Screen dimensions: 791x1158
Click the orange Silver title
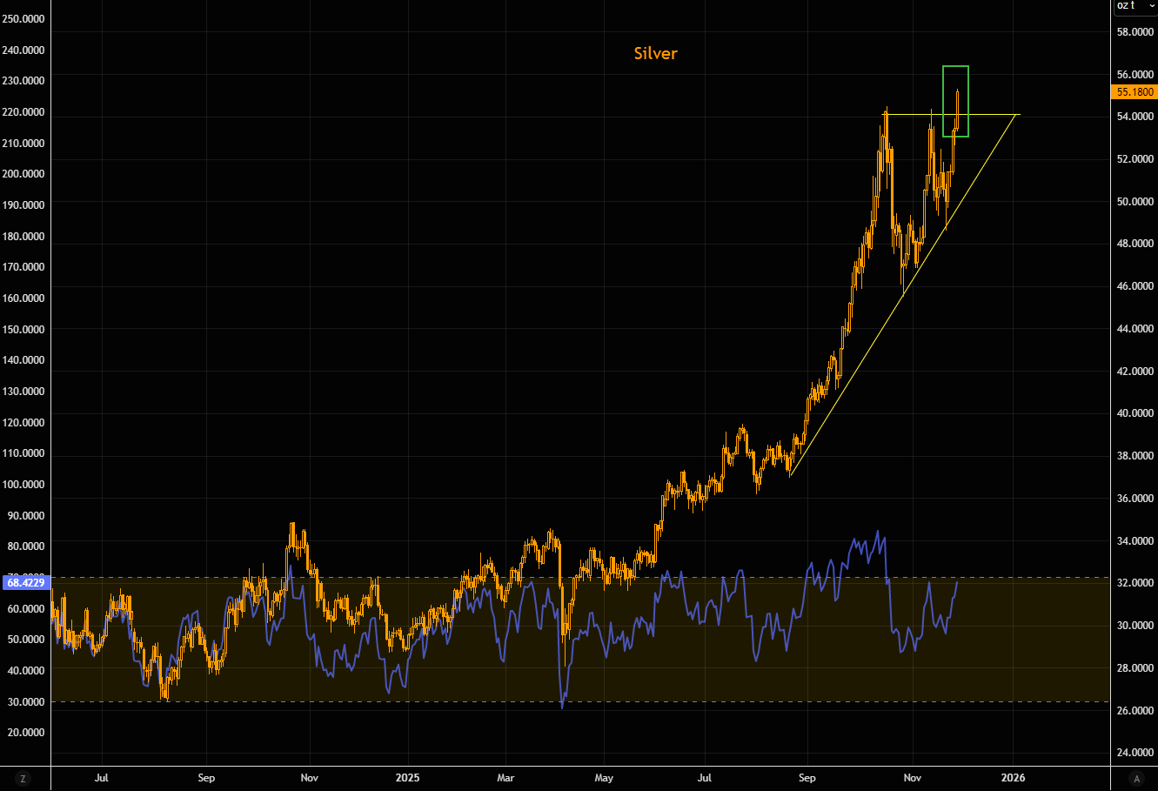click(655, 54)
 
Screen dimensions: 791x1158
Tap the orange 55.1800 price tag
click(1135, 92)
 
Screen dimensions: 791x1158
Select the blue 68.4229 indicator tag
click(26, 581)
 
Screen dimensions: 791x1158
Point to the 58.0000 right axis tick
click(1135, 32)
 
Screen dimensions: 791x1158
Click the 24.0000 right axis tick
click(1135, 753)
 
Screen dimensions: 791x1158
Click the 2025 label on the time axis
click(407, 778)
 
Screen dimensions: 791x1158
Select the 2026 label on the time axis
click(1013, 778)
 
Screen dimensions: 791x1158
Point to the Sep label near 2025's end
click(807, 778)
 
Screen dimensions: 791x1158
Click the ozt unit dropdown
click(1135, 6)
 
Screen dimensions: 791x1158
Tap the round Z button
click(23, 778)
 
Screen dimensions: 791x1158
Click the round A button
click(1135, 778)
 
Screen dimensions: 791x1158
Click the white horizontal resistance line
click(992, 115)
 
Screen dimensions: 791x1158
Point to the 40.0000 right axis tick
click(1135, 413)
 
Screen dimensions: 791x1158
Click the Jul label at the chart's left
click(102, 778)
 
